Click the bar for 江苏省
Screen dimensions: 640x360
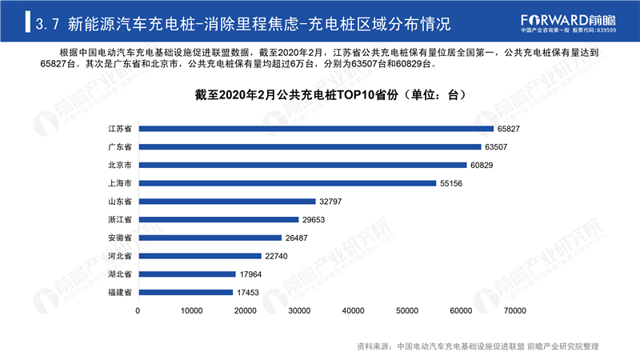point(316,129)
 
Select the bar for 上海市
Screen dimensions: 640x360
point(287,183)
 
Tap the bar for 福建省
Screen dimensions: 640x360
point(186,292)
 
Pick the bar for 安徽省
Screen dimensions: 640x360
point(210,238)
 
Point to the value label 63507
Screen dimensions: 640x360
point(496,147)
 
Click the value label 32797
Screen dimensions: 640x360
point(330,202)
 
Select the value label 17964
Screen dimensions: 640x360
point(250,274)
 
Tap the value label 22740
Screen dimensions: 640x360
point(276,256)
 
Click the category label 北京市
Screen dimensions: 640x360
point(120,165)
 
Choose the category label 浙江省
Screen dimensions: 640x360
point(120,219)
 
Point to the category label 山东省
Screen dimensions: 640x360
point(120,202)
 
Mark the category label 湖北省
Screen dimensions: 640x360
point(120,274)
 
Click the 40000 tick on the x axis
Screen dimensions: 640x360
point(353,311)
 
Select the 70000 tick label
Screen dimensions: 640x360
point(514,311)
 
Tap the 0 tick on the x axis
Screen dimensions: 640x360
point(138,311)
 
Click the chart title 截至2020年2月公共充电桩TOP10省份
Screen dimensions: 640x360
point(296,95)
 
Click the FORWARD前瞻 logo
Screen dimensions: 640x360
point(568,21)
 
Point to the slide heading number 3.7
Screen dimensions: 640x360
point(47,24)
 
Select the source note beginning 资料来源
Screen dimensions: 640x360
point(478,346)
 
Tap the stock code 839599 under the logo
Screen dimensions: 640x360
point(606,30)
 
